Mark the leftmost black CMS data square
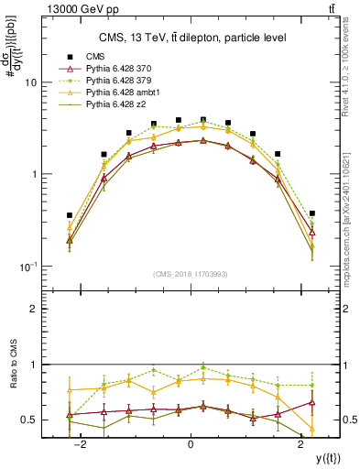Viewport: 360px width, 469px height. click(70, 215)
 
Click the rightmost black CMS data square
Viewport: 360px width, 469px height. click(312, 213)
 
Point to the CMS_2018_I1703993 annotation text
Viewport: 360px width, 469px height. click(191, 274)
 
